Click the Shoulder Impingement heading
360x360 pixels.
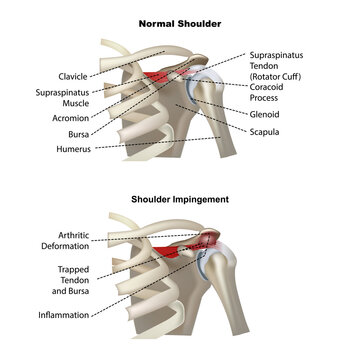180,199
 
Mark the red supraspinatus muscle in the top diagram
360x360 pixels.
158,77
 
